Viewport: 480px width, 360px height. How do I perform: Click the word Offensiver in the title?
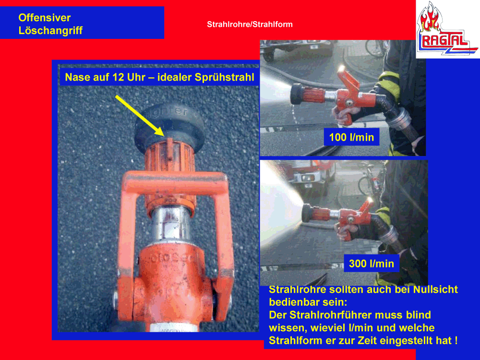pyautogui.click(x=44, y=17)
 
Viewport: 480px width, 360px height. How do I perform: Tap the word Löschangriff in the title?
pyautogui.click(x=50, y=30)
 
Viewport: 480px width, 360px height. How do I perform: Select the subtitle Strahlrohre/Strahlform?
pyautogui.click(x=250, y=24)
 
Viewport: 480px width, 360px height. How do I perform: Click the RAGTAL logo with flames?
pyautogui.click(x=447, y=29)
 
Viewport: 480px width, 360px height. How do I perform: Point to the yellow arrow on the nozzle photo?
pyautogui.click(x=140, y=115)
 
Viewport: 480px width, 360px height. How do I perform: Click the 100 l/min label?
pyautogui.click(x=351, y=137)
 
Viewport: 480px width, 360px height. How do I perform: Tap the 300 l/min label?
pyautogui.click(x=372, y=264)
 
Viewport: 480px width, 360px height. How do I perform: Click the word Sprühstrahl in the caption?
pyautogui.click(x=224, y=77)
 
